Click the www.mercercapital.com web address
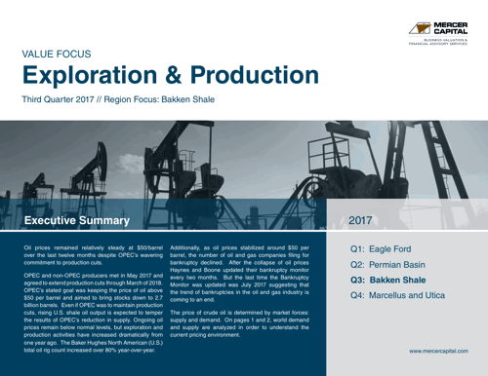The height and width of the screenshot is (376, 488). coord(441,349)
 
